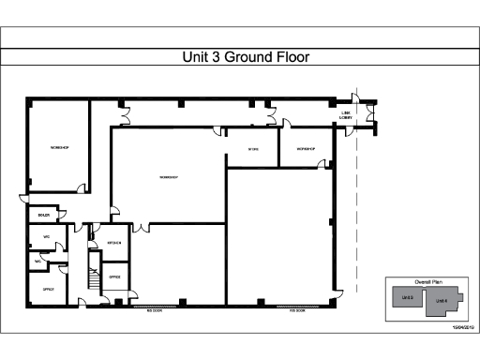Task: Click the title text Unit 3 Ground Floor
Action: coord(245,57)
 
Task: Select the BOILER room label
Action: coord(43,215)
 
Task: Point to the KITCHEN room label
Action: coord(114,242)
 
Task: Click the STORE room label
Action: coord(253,150)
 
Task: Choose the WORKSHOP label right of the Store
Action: coord(306,150)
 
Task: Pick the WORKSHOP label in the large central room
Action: coord(169,177)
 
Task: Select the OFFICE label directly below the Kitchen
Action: coord(114,277)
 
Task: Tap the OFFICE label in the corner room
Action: coord(48,290)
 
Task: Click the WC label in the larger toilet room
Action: coord(46,237)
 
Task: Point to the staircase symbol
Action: coord(93,276)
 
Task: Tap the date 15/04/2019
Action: coord(465,326)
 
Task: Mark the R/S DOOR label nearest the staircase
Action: coord(155,310)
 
